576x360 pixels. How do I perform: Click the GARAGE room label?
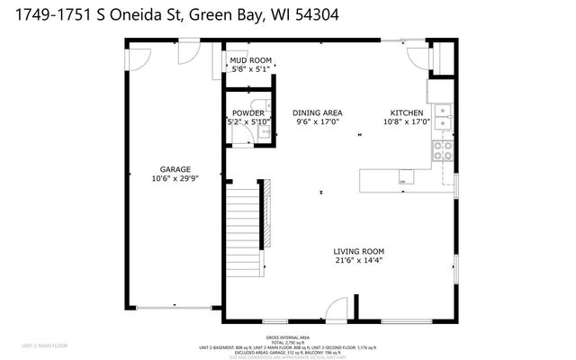tap(175, 168)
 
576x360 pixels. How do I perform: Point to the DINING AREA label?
tap(316, 112)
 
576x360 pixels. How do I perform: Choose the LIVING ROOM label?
tap(358, 251)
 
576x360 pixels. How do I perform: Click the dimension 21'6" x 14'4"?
tap(358, 261)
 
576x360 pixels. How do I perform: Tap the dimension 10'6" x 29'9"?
tap(175, 178)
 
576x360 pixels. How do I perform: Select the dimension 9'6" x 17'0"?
tap(316, 121)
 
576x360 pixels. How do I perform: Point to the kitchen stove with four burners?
tap(444, 150)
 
